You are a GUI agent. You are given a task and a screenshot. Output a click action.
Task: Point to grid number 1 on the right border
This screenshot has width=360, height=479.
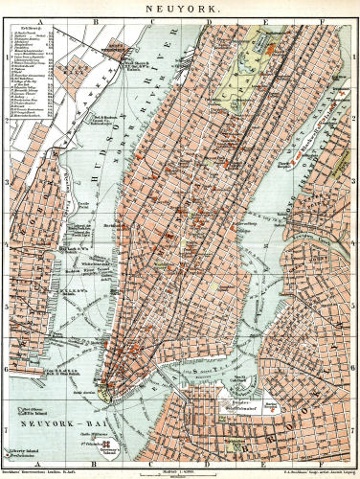355,57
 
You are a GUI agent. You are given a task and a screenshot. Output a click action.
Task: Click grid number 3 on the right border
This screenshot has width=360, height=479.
355,182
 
